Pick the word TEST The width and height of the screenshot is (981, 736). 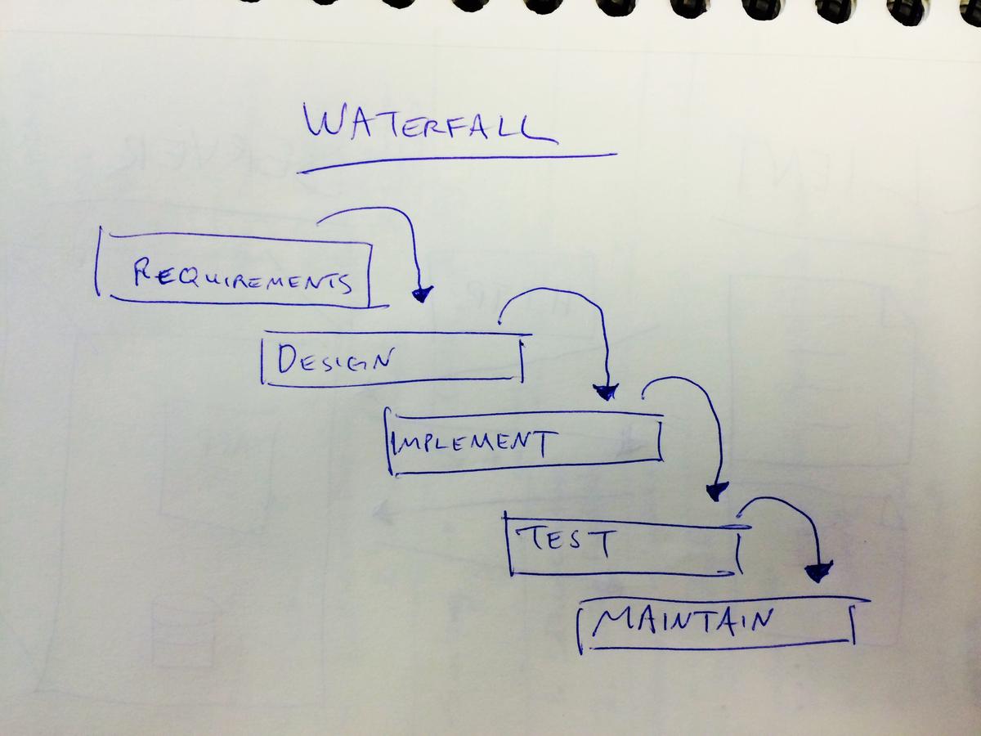pos(563,541)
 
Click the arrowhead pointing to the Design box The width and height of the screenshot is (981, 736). pos(422,293)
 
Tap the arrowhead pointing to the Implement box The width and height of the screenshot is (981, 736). pos(606,392)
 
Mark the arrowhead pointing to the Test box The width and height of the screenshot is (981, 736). pos(717,491)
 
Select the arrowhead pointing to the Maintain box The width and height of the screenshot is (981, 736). pos(818,572)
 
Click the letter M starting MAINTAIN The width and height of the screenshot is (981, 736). pos(609,623)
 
